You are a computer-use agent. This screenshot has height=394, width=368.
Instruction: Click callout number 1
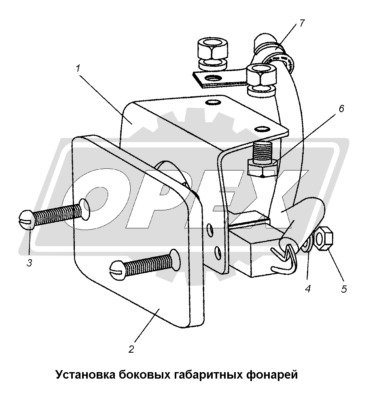(x=78, y=68)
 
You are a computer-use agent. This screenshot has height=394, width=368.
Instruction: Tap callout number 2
(x=131, y=349)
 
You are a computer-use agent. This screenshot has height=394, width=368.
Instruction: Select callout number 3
(x=30, y=263)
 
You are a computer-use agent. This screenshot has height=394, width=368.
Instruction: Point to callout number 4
(x=308, y=288)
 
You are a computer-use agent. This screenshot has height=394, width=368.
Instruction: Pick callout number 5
(x=344, y=290)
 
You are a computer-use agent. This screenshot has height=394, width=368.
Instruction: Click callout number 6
(x=341, y=109)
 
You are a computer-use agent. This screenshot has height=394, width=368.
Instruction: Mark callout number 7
(x=302, y=23)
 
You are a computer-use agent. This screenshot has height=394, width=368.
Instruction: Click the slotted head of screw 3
(x=25, y=219)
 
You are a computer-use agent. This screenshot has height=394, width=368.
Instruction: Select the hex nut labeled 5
(x=324, y=238)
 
